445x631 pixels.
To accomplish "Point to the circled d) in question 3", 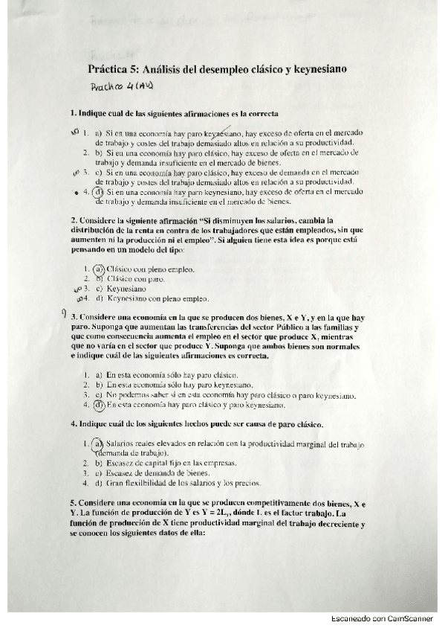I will (100, 406).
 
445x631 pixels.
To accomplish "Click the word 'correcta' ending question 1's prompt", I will (261, 114).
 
